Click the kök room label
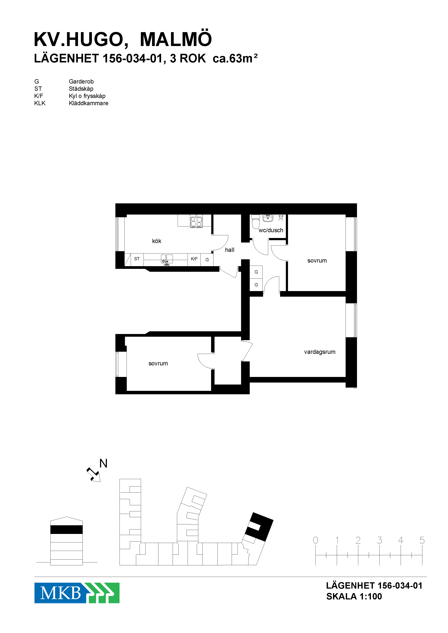coord(157,241)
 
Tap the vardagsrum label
coord(320,352)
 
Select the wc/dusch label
coord(271,230)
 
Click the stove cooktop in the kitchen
coord(196,221)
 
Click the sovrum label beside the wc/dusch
coord(317,261)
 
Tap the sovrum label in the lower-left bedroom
coord(158,363)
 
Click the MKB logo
coord(77,593)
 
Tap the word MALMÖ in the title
coord(176,39)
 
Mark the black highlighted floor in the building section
coord(66,530)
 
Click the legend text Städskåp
coord(81,89)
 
